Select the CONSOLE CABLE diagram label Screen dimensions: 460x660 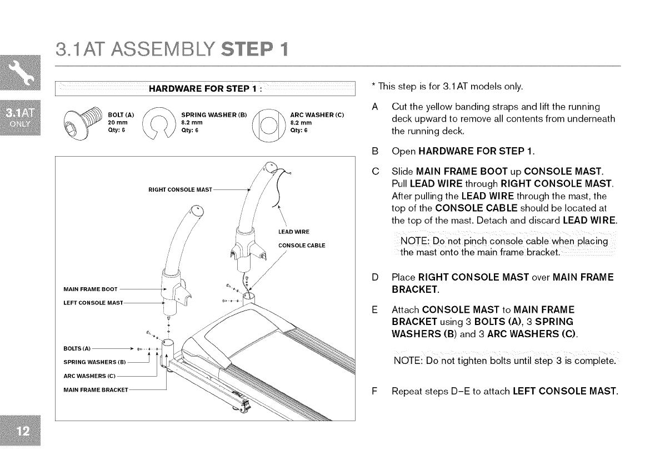[x=302, y=245]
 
